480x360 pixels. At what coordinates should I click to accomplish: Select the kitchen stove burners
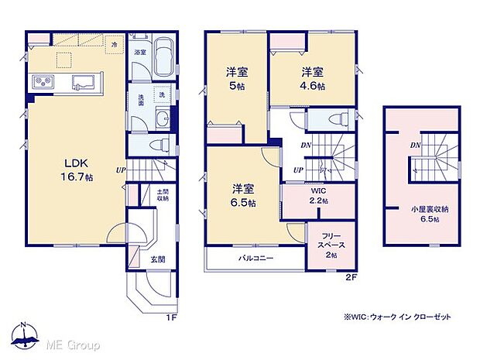tap(41, 81)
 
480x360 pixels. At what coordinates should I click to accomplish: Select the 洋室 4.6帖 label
tap(312, 77)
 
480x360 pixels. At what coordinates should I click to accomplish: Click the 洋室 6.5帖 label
tap(243, 194)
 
